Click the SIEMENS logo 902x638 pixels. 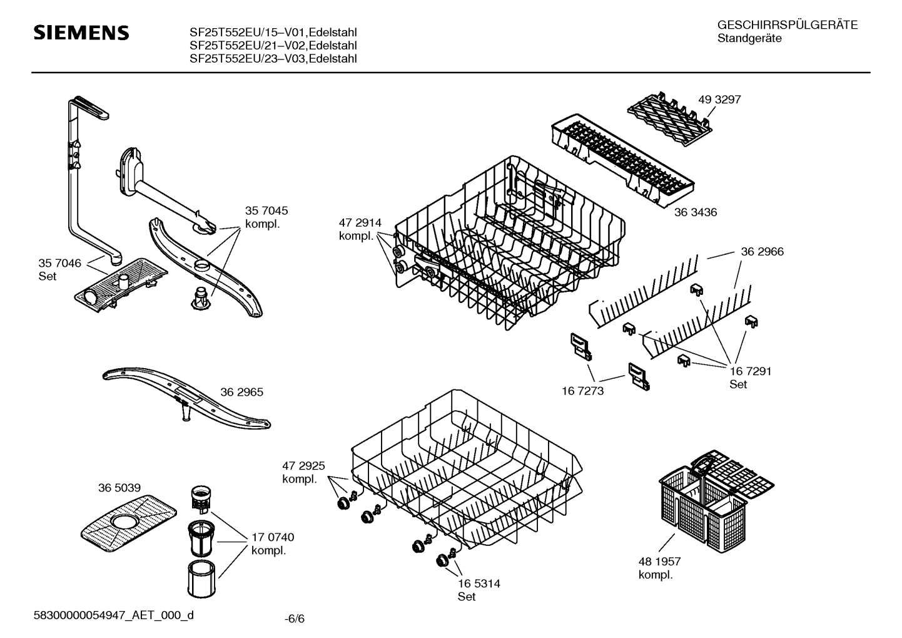[x=81, y=33]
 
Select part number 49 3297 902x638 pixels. [x=719, y=100]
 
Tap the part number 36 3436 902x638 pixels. [x=695, y=212]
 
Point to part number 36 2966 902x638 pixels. [x=762, y=252]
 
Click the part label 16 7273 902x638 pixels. [x=582, y=391]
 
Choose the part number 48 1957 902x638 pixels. [x=659, y=562]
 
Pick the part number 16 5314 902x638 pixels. [x=479, y=584]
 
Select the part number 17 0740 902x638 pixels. [x=273, y=537]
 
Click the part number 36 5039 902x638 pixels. [x=119, y=488]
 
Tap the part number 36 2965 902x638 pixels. [x=241, y=392]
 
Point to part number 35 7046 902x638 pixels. [x=59, y=263]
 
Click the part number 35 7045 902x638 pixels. [x=266, y=211]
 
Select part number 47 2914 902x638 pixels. [x=360, y=222]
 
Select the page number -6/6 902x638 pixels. [x=294, y=619]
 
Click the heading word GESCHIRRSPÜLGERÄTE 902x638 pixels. [x=787, y=25]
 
